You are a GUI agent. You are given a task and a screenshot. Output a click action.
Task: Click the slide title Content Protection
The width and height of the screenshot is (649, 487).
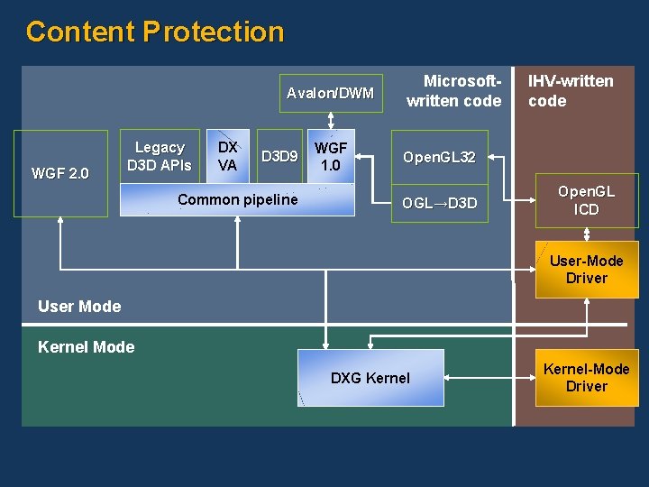[x=155, y=32]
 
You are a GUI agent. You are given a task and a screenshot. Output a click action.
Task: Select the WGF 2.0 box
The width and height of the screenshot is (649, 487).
[x=59, y=173]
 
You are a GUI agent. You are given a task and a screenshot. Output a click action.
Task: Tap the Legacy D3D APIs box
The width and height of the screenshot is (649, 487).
[x=159, y=156]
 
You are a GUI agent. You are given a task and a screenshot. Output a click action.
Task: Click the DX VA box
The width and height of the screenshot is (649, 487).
[x=228, y=156]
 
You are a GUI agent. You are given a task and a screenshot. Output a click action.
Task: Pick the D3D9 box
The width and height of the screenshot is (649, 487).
[x=279, y=157]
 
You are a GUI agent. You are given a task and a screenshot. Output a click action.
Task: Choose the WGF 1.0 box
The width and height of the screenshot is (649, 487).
[x=331, y=156]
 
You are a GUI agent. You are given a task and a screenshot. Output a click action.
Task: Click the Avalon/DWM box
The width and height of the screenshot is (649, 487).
[x=330, y=93]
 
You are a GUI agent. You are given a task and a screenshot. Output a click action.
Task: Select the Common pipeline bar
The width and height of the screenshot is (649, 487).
[x=237, y=199]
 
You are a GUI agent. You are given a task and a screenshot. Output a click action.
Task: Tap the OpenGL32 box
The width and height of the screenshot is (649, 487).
[x=439, y=158]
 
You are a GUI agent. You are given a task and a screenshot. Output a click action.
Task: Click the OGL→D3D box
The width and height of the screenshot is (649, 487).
[x=439, y=203]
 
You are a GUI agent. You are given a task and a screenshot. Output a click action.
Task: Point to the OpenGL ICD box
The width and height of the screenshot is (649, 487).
[x=586, y=200]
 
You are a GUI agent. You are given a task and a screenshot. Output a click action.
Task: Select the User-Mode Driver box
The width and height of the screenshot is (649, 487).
[x=586, y=269]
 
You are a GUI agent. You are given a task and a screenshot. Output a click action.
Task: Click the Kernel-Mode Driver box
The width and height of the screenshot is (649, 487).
[x=586, y=377]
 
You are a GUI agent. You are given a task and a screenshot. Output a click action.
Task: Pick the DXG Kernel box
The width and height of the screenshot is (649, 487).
[x=370, y=378]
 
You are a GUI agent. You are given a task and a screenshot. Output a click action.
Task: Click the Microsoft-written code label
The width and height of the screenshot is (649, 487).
[x=453, y=91]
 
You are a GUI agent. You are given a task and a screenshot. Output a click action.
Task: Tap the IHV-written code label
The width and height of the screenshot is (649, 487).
[x=570, y=91]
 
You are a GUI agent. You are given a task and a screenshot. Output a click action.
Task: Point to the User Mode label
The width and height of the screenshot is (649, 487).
[x=79, y=307]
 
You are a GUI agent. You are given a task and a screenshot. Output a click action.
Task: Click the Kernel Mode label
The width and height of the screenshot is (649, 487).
[x=87, y=347]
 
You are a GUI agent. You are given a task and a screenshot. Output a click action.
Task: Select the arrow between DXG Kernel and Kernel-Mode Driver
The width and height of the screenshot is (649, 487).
[x=488, y=378]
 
